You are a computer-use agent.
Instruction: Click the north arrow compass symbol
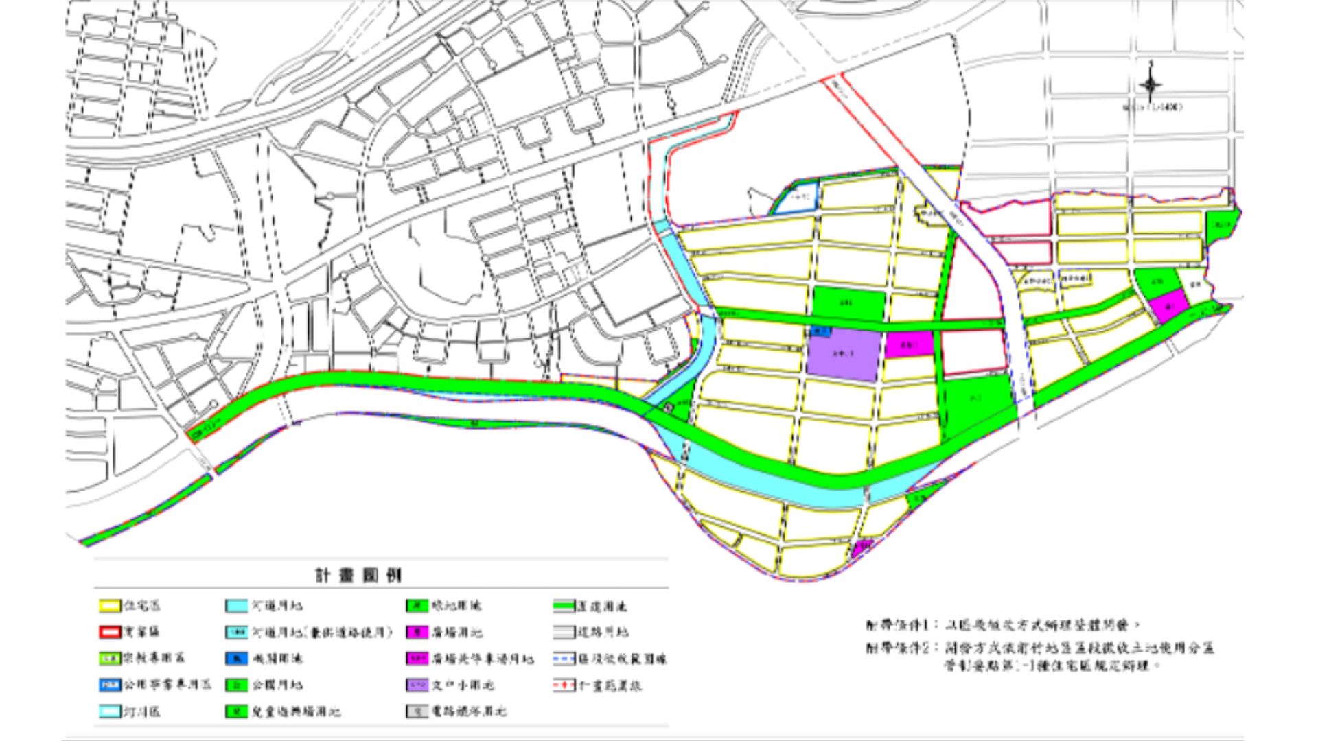click(x=1151, y=84)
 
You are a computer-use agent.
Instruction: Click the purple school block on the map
click(x=843, y=355)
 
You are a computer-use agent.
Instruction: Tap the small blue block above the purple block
click(x=822, y=331)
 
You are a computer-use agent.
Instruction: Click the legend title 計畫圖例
click(x=358, y=575)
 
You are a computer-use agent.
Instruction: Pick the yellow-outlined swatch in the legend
click(x=109, y=607)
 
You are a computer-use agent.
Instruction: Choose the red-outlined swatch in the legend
click(x=109, y=632)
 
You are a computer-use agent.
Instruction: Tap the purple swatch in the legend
click(x=417, y=685)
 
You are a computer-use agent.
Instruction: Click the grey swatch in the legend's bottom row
click(x=417, y=711)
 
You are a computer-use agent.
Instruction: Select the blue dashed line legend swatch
click(x=564, y=659)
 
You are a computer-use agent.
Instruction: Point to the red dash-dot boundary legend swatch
click(x=564, y=685)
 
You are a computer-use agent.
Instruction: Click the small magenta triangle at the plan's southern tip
click(x=862, y=548)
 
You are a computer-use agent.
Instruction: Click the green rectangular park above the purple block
click(x=848, y=303)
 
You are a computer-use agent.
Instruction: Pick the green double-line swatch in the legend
click(x=564, y=607)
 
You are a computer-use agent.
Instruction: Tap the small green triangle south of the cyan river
click(x=917, y=499)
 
